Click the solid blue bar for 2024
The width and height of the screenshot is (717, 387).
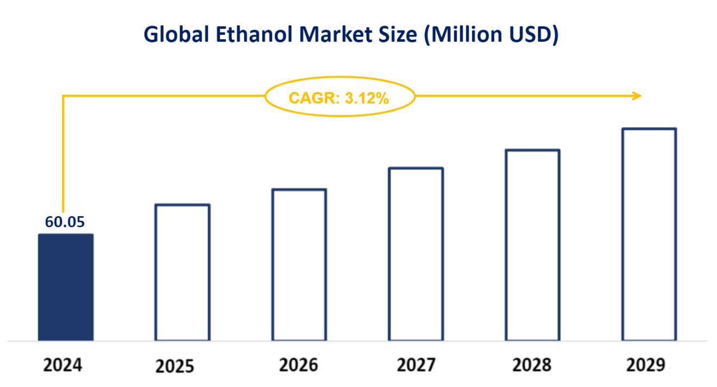coord(65,287)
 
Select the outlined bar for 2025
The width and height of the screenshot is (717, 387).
coord(182,272)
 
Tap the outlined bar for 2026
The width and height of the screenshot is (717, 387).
coord(299,265)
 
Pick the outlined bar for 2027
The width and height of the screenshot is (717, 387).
coord(416,254)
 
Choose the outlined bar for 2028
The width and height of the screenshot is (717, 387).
coord(533,245)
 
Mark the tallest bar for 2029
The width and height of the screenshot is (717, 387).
coord(649,235)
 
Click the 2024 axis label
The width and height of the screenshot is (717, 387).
coord(63,365)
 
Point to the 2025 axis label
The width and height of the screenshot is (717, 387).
coord(175,366)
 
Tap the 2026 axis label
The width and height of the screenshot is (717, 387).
coord(299,365)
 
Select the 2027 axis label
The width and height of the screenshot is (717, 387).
coord(416,365)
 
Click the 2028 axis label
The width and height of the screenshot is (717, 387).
coord(531,365)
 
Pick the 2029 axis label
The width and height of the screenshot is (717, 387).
coord(645,365)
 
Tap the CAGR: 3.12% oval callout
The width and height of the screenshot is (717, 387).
coord(339,98)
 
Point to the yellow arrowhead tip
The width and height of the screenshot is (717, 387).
coord(640,96)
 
